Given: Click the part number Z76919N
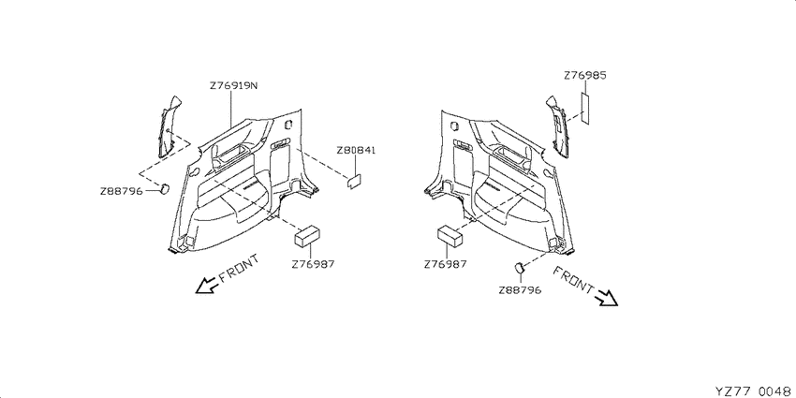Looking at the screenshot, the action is click(x=233, y=86).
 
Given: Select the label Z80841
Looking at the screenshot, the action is click(x=356, y=151).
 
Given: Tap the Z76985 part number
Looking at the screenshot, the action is click(x=584, y=76).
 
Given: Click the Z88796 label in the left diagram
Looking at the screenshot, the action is click(x=121, y=191).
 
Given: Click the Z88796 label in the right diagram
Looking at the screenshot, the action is click(x=520, y=290).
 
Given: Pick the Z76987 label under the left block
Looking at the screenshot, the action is click(x=313, y=264).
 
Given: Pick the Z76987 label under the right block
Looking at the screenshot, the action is click(x=445, y=264).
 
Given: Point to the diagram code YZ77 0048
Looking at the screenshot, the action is click(x=752, y=391).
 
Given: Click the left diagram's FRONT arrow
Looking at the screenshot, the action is click(x=207, y=286).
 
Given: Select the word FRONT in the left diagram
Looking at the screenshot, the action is click(x=239, y=268).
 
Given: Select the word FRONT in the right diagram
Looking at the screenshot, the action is click(x=572, y=280).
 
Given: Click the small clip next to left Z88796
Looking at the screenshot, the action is click(x=165, y=188).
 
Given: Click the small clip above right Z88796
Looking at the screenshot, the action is click(x=519, y=267).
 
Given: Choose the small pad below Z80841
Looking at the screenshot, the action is click(x=354, y=182).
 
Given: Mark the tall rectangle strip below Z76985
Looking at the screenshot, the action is click(x=585, y=108).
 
